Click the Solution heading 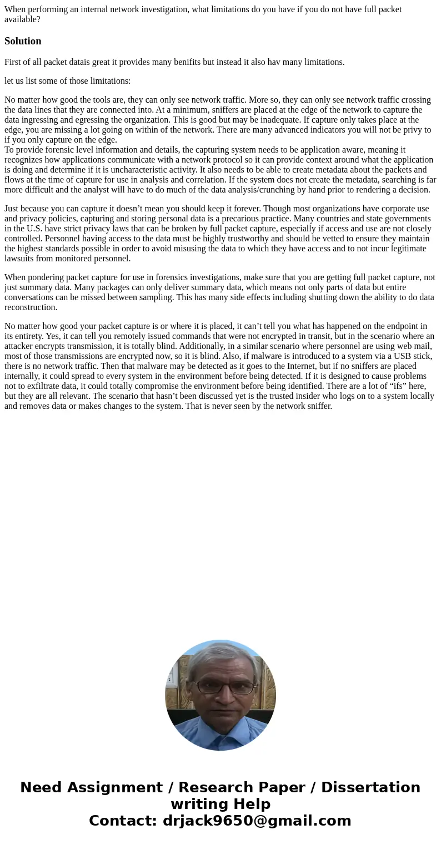coord(23,41)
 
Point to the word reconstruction coord(31,307)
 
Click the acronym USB coord(404,356)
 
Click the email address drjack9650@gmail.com coord(257,821)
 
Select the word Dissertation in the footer coord(370,788)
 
